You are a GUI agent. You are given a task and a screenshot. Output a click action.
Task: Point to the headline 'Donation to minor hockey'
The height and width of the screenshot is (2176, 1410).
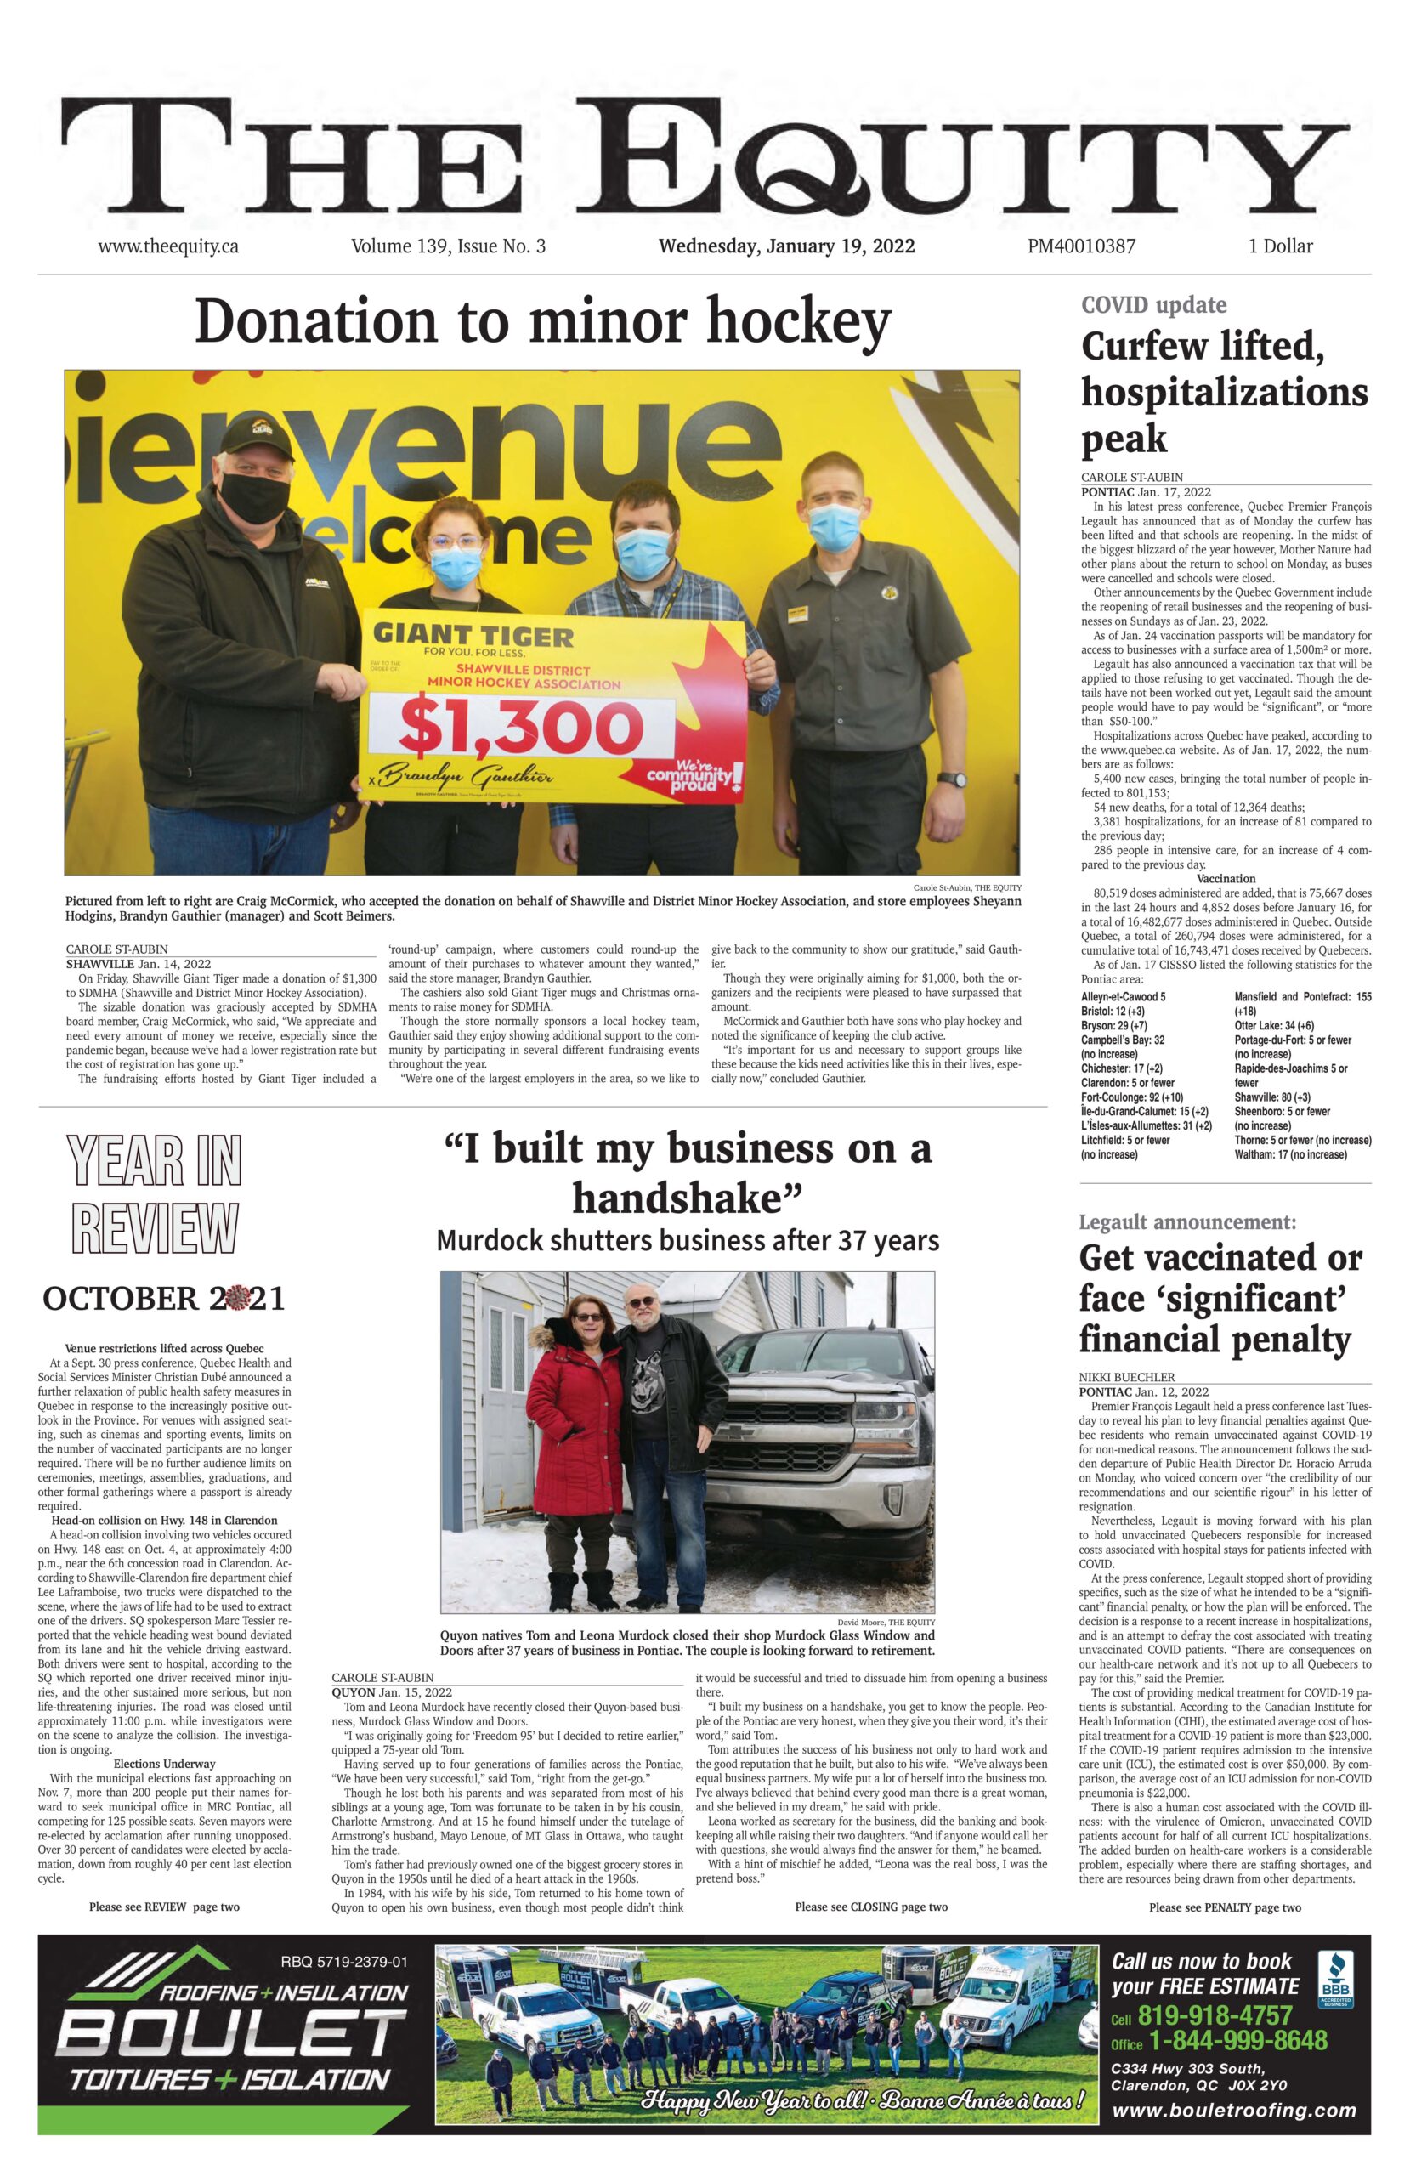542,321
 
